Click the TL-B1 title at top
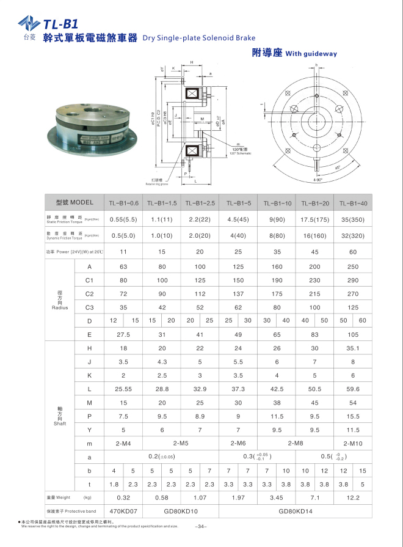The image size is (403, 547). point(60,24)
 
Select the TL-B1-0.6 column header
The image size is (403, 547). point(123,202)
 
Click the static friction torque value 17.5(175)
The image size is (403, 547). point(314,219)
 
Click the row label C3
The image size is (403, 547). point(90,307)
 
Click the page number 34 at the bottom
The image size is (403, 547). point(201,527)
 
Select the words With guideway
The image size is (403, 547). point(311,54)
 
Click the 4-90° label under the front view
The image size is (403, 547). point(318,180)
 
